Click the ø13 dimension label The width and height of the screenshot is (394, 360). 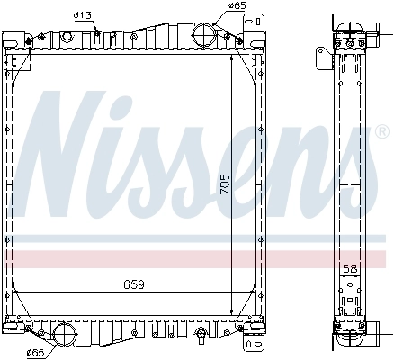(x=83, y=14)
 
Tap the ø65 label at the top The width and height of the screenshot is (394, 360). (x=237, y=5)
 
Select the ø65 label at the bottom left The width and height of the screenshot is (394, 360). (x=36, y=352)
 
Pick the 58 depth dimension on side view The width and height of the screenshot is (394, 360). (x=351, y=268)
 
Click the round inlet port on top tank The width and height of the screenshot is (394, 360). (x=202, y=38)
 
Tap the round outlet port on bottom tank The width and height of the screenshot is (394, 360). (x=66, y=334)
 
